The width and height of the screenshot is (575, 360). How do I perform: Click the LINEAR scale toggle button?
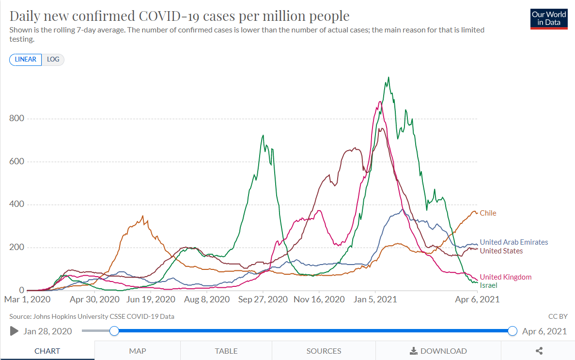25,60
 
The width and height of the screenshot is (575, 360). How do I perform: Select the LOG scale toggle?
53,60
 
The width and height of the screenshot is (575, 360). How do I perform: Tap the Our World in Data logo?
549,18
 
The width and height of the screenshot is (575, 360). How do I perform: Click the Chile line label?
488,213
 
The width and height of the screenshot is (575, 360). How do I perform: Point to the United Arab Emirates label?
513,242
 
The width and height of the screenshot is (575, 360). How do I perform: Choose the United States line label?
501,251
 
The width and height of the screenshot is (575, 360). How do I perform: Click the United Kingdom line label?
505,277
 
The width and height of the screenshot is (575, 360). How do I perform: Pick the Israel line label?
488,285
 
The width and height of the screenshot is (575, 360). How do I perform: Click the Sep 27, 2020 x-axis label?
263,299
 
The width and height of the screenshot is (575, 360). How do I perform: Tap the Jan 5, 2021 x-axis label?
375,299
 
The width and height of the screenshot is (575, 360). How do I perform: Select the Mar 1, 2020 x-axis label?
27,299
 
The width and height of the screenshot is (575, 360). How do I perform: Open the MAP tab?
138,351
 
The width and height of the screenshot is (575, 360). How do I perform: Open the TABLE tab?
226,351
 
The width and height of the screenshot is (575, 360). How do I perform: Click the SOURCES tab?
324,351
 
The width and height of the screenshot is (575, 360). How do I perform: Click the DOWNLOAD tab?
438,351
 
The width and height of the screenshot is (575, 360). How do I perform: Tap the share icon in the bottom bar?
539,351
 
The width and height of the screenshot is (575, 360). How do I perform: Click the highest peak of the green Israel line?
389,78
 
